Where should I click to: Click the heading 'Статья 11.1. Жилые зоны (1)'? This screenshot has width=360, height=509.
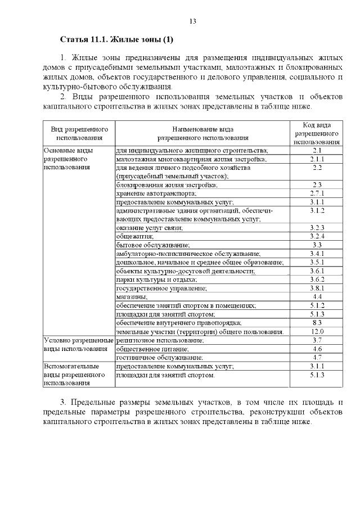coord(117,40)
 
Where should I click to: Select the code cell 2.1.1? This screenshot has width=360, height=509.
coord(317,159)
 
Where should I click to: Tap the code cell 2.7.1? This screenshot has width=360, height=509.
coord(317,193)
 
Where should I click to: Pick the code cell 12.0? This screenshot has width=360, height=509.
coord(317,331)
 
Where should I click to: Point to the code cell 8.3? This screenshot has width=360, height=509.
coord(317,323)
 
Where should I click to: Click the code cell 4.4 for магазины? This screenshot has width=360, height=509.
coord(317,296)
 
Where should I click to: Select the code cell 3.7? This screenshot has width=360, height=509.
coord(317,340)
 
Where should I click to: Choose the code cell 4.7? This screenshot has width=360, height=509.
coord(317,357)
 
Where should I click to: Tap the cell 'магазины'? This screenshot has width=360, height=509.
coord(132,296)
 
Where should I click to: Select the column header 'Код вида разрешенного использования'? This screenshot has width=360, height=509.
coord(317,133)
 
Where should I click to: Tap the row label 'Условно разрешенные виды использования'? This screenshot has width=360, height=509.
coord(79,344)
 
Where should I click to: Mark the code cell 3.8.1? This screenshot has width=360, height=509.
coord(317,288)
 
